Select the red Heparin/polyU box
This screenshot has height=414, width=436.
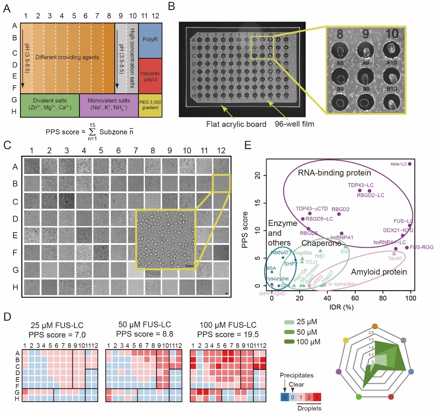coord(150,76)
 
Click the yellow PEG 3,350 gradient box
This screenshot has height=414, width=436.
coord(150,105)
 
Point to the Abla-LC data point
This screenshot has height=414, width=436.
coord(410,164)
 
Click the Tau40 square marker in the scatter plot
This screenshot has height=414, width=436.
coord(394,254)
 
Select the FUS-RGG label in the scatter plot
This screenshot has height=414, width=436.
coord(422,247)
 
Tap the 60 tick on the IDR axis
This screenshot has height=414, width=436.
coord(355,298)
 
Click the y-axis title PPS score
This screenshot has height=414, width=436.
coord(245,230)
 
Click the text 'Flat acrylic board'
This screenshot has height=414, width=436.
coord(236,124)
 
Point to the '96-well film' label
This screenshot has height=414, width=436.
coord(294,124)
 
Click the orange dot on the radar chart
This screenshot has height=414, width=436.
coord(375,326)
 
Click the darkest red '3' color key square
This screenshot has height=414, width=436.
coord(317,397)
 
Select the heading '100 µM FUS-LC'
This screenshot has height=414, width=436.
coord(228,325)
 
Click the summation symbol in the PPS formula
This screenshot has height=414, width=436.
coord(92,132)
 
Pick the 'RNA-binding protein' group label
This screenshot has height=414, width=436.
coord(334,173)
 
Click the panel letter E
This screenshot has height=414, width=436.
coord(248,145)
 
